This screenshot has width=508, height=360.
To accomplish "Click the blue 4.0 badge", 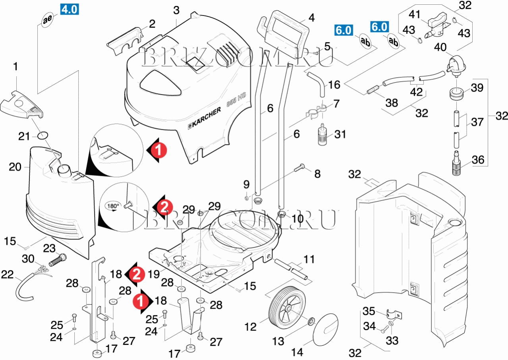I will (x=69, y=9).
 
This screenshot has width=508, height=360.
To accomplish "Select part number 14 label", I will (x=297, y=352).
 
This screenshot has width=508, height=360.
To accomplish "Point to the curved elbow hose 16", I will (x=319, y=83).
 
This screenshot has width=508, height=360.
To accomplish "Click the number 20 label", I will (x=15, y=167).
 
